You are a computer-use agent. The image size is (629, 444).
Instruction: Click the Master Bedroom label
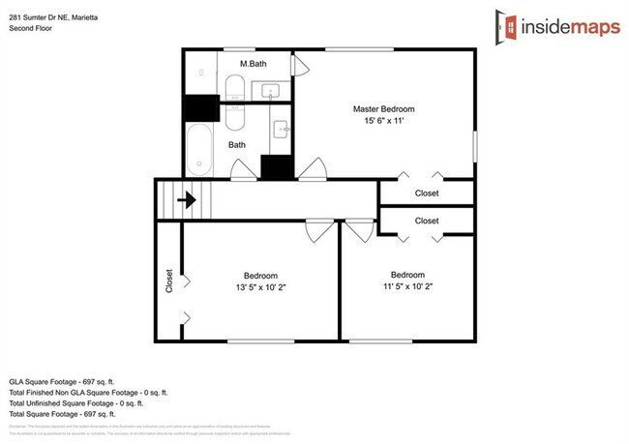tap(385, 109)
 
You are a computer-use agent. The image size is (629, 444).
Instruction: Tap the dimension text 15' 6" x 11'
tap(385, 123)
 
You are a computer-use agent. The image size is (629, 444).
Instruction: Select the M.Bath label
tap(254, 65)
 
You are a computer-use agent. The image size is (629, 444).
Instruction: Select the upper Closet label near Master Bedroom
tap(427, 193)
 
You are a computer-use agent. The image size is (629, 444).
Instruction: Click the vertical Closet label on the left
tap(169, 281)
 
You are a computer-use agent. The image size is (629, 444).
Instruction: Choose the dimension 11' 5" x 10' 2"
tap(407, 286)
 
